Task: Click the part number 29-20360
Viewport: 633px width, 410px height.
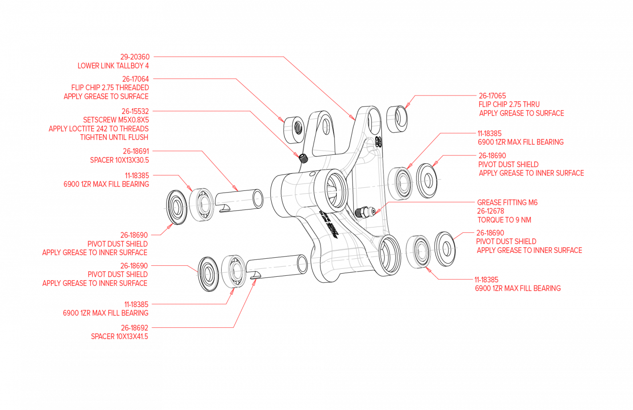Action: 135,57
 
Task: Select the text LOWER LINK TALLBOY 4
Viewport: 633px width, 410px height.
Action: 113,66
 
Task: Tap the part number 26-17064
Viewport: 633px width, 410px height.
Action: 135,79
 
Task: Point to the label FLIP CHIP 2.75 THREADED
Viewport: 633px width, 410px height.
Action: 110,88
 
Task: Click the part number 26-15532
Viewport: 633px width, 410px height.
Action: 135,111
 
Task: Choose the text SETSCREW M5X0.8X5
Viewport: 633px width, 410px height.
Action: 116,120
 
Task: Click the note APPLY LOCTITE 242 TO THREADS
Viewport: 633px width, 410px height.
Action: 98,128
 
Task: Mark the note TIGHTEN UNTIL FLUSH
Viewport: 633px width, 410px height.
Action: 114,137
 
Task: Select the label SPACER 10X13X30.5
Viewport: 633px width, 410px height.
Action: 119,160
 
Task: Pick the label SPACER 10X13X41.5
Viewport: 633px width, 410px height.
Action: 119,336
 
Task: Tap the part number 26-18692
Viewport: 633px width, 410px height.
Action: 134,328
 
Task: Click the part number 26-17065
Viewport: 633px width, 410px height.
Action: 492,95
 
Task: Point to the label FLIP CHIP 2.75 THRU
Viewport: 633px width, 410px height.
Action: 509,104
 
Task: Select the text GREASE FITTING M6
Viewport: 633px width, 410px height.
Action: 507,202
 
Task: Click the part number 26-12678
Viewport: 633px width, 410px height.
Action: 491,211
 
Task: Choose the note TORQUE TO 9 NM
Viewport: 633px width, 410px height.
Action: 504,220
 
